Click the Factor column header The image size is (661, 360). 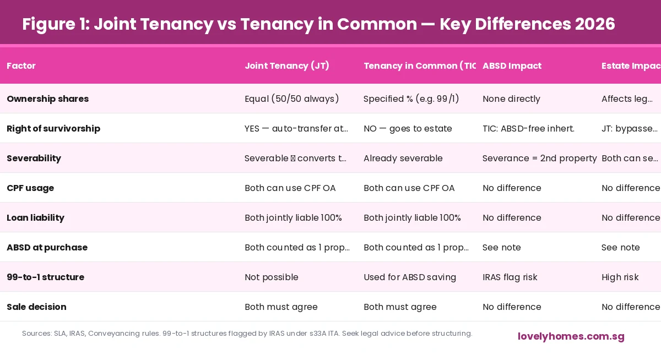pyautogui.click(x=21, y=66)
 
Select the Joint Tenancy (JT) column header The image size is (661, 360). pyautogui.click(x=286, y=66)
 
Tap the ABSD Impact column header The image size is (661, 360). pyautogui.click(x=512, y=66)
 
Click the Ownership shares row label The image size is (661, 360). pyautogui.click(x=47, y=99)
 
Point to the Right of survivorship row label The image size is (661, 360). pyautogui.click(x=53, y=128)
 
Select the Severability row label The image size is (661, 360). pyautogui.click(x=34, y=158)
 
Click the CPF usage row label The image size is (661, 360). pyautogui.click(x=30, y=188)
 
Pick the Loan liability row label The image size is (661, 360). pyautogui.click(x=35, y=217)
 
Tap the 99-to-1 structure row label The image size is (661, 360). pyautogui.click(x=45, y=277)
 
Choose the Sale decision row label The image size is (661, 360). pyautogui.click(x=36, y=307)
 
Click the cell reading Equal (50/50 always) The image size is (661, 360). pyautogui.click(x=291, y=99)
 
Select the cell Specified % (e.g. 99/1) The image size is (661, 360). pyautogui.click(x=411, y=99)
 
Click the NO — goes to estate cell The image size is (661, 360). pyautogui.click(x=408, y=128)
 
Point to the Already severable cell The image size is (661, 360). pyautogui.click(x=403, y=158)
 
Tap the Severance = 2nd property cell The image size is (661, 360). pyautogui.click(x=539, y=158)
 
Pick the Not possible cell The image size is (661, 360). pyautogui.click(x=271, y=277)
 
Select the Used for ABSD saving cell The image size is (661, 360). pyautogui.click(x=409, y=277)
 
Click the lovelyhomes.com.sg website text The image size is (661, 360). pyautogui.click(x=571, y=336)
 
